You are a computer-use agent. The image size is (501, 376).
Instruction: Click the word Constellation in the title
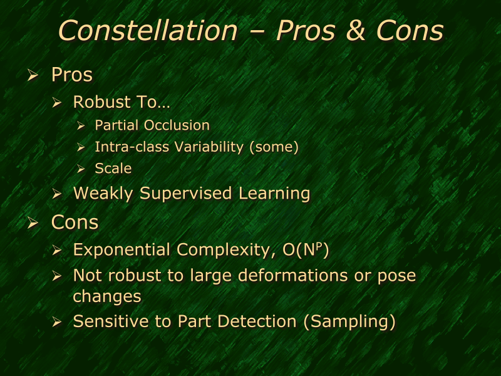coord(148,30)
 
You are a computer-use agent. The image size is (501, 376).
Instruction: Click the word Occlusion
coord(177,125)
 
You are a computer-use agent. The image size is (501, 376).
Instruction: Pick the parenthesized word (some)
coord(273,147)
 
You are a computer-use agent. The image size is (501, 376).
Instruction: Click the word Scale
coord(113,168)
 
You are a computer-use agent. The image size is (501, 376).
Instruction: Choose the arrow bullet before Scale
coord(81,169)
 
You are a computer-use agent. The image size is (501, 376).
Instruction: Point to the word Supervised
coord(186,193)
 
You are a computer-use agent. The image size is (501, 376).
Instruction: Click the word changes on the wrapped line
coord(107,295)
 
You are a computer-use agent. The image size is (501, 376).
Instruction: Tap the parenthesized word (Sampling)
coord(348,321)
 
